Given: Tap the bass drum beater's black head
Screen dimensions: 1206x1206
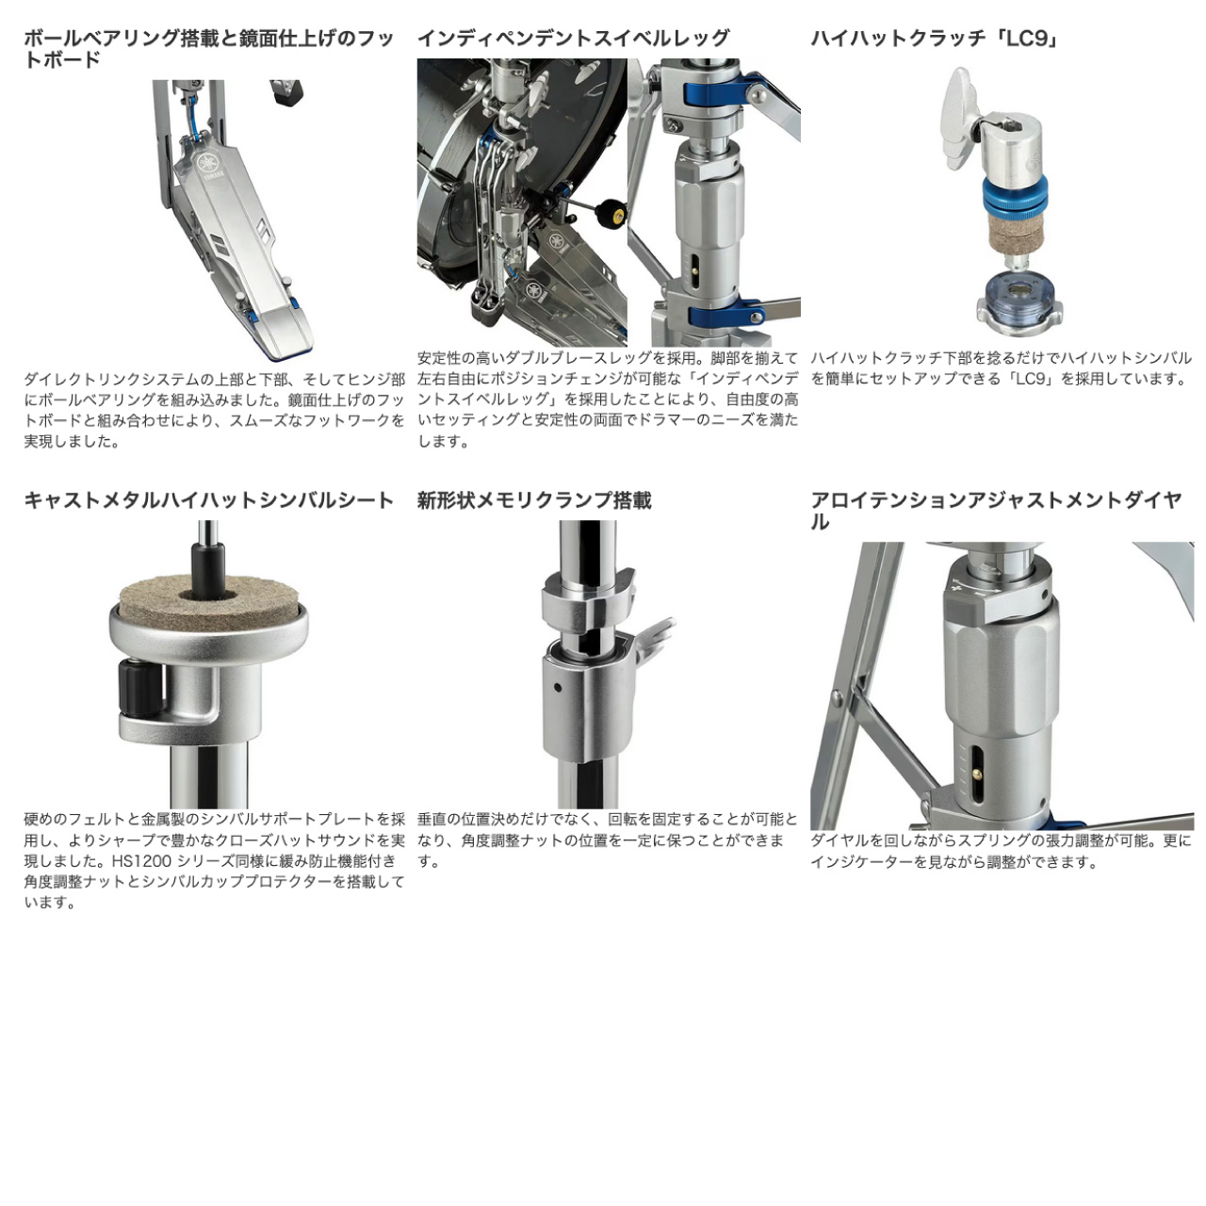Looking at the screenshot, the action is click(x=605, y=212).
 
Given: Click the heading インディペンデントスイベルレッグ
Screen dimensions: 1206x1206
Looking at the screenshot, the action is click(x=573, y=39).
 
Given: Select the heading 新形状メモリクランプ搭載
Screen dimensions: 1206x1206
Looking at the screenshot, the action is click(x=534, y=500).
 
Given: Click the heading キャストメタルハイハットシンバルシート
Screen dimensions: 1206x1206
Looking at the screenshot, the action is click(x=209, y=500).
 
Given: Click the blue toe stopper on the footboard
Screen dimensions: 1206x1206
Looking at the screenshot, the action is click(x=294, y=302).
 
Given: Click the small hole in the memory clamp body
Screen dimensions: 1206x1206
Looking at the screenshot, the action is click(x=557, y=688).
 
